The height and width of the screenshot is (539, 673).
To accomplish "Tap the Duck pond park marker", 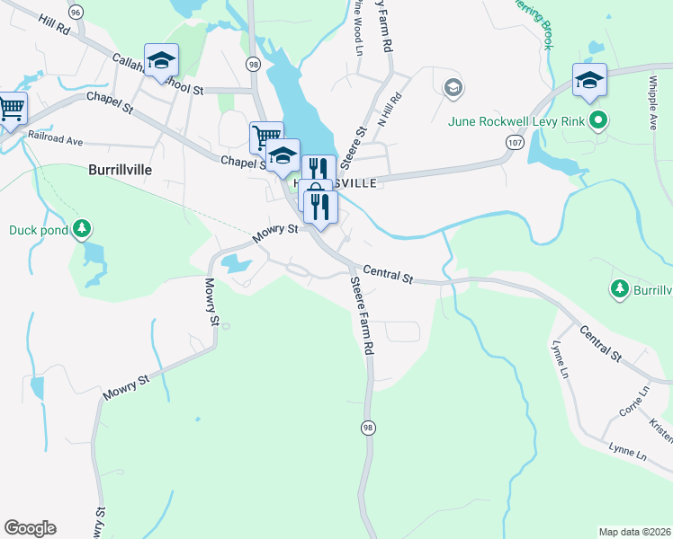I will [x=83, y=230].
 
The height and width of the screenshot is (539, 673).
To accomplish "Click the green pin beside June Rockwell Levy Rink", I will [x=597, y=120].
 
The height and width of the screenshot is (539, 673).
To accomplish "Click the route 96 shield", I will [x=76, y=12].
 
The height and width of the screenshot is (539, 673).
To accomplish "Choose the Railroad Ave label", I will [x=56, y=141].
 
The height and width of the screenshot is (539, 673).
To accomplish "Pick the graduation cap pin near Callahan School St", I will [x=162, y=60].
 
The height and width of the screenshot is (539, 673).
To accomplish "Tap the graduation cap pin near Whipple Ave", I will [x=589, y=80].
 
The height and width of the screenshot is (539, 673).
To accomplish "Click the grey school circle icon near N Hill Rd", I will [x=453, y=87].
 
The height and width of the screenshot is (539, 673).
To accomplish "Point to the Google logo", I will [x=29, y=528].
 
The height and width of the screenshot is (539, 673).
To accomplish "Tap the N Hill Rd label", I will [x=389, y=109].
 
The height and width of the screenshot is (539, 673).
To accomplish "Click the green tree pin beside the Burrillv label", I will [x=619, y=288].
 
